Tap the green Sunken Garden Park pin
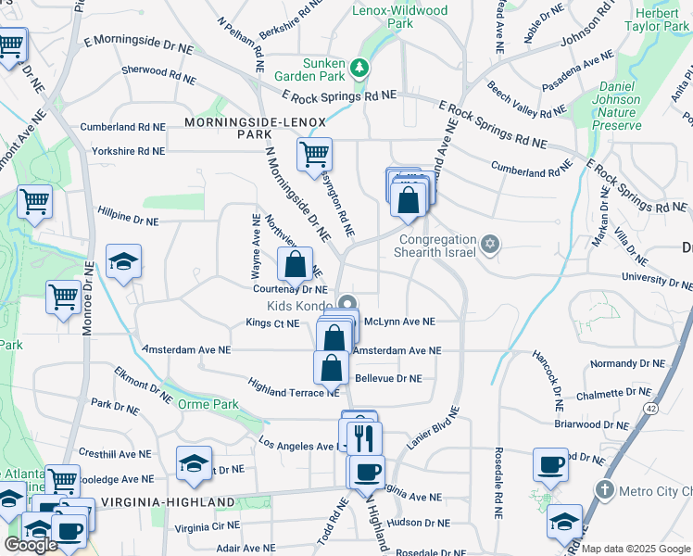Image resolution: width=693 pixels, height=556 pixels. click(360, 68)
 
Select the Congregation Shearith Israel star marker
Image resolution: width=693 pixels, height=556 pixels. click(490, 245)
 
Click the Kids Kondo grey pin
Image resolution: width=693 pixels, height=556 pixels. click(347, 305)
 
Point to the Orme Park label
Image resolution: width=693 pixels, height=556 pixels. click(209, 404)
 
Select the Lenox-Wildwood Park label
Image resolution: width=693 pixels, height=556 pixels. click(400, 17)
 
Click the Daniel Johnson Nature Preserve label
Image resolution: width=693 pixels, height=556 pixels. click(614, 106)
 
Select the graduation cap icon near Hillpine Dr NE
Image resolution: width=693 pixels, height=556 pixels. click(122, 261)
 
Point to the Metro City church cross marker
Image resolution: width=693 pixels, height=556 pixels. click(604, 489)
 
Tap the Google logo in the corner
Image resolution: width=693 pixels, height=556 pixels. click(31, 545)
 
